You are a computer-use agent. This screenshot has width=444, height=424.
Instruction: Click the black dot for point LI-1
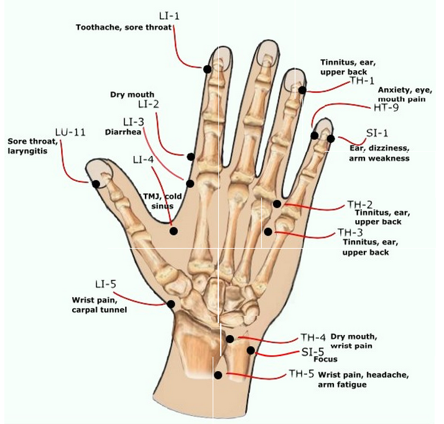point(207,69)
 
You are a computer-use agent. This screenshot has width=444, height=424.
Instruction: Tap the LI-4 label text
point(143,160)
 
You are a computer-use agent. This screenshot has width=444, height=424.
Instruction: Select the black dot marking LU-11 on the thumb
point(96,184)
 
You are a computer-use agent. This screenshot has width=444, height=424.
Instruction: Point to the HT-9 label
point(386,108)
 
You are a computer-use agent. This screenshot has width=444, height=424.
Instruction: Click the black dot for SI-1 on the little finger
point(331,139)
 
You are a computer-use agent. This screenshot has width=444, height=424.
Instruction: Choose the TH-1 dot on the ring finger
point(302,90)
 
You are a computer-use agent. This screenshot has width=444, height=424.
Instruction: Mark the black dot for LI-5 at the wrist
point(170,304)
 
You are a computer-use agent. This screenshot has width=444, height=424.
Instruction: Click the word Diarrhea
point(123,132)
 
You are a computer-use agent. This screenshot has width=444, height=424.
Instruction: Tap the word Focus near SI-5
point(326,359)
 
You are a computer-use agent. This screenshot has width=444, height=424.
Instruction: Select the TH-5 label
point(301,374)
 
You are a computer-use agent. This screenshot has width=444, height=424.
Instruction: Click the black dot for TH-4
point(229,339)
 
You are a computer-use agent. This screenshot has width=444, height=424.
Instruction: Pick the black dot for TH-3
point(268,232)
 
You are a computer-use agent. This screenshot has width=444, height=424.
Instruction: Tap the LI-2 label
point(149,104)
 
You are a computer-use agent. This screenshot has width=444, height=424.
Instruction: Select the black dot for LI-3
point(190,183)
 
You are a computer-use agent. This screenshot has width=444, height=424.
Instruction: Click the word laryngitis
point(27,151)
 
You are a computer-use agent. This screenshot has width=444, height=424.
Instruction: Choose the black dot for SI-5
point(251,351)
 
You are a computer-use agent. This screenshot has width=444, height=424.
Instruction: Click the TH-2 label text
point(359,205)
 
